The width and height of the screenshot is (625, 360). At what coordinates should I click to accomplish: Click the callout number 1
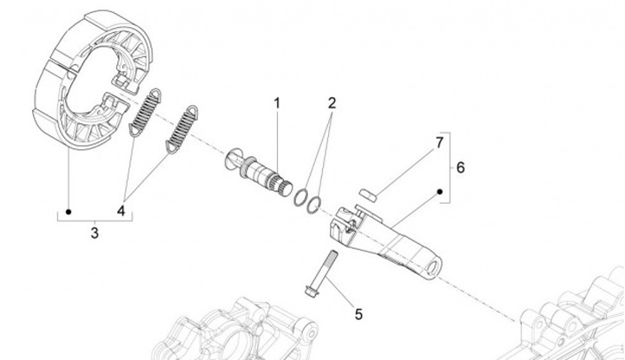pyautogui.click(x=278, y=104)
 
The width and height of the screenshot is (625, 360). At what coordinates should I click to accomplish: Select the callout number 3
pyautogui.click(x=95, y=233)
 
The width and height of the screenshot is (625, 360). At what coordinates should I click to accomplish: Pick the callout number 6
pyautogui.click(x=460, y=167)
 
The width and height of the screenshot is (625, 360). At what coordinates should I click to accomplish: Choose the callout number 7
pyautogui.click(x=439, y=141)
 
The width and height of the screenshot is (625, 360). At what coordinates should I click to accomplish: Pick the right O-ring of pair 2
pyautogui.click(x=316, y=200)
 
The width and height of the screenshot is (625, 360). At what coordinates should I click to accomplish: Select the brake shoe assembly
pyautogui.click(x=78, y=87)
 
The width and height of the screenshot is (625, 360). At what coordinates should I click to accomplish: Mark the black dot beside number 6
pyautogui.click(x=440, y=191)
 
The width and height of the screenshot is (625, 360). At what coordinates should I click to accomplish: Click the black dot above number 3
pyautogui.click(x=69, y=211)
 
